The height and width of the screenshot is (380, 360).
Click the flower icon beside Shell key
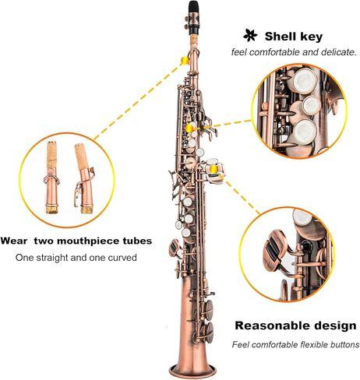[250, 36]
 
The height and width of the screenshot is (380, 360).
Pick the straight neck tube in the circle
[53, 178]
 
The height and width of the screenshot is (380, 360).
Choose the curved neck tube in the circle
[83, 178]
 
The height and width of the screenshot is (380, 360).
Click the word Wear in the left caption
[13, 241]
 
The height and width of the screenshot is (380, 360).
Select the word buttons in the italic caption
[344, 345]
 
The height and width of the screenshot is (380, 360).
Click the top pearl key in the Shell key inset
[305, 80]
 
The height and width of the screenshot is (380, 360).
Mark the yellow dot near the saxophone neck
[185, 60]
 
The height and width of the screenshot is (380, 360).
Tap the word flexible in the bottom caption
[314, 345]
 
